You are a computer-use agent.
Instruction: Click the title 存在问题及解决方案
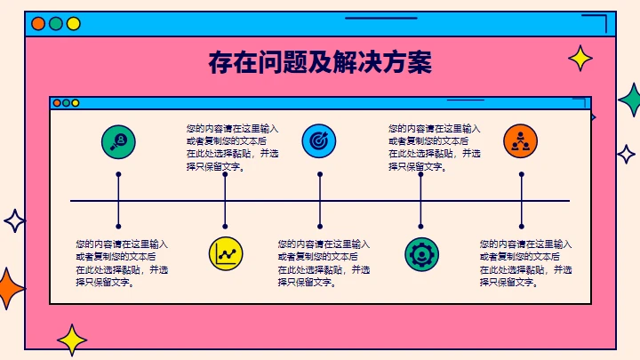[x=320, y=63]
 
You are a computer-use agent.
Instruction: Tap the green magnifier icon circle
[x=118, y=140]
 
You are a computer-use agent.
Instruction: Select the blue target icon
[x=319, y=140]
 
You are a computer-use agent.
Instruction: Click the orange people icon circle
[x=521, y=140]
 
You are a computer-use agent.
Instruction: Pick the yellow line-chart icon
[x=225, y=253]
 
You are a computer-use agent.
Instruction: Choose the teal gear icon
[x=420, y=253]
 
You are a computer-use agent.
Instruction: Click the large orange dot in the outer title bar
[x=38, y=24]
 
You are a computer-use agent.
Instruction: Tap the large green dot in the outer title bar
[x=56, y=24]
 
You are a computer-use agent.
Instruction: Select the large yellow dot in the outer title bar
[x=74, y=24]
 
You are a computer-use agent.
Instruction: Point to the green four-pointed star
[x=630, y=100]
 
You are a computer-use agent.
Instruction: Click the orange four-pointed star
[x=9, y=288]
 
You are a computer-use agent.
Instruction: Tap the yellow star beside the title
[x=580, y=59]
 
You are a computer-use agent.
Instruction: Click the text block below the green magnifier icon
[x=122, y=263]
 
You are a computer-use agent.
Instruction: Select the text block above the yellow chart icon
[x=232, y=147]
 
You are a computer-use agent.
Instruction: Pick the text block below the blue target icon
[x=324, y=263]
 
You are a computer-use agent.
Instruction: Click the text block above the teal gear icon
[x=435, y=147]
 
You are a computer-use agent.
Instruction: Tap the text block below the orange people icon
[x=525, y=263]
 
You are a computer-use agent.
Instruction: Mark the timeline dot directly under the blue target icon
[x=319, y=175]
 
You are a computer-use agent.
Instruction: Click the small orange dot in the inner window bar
[x=57, y=103]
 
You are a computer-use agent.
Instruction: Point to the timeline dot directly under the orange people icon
[x=521, y=175]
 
